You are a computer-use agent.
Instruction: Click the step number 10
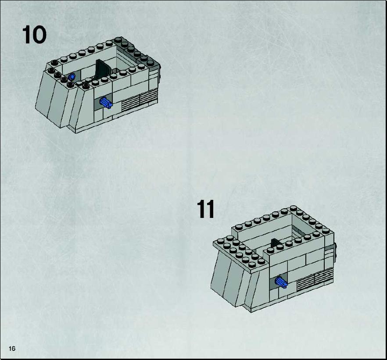click(x=34, y=35)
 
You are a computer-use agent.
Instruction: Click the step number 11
click(x=205, y=209)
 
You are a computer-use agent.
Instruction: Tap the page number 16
click(x=12, y=349)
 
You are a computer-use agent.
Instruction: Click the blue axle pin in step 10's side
click(x=106, y=103)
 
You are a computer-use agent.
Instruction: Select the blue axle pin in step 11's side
click(x=281, y=282)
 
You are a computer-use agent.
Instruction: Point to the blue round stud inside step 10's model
click(x=72, y=77)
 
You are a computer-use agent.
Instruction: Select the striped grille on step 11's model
click(x=315, y=279)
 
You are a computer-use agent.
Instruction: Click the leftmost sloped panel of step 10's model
click(x=45, y=97)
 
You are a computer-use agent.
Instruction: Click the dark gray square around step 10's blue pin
click(x=103, y=102)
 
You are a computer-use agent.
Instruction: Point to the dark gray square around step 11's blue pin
click(x=278, y=282)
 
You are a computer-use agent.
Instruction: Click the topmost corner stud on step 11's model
click(x=294, y=208)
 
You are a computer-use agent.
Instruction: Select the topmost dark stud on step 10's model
click(x=118, y=40)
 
